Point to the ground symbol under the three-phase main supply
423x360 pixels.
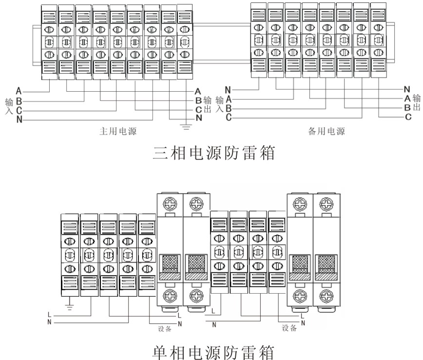(x=186, y=128)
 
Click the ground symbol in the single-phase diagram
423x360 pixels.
(x=70, y=306)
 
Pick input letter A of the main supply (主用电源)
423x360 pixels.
(x=19, y=91)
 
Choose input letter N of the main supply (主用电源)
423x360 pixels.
(x=19, y=120)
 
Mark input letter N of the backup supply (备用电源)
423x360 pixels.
(x=227, y=90)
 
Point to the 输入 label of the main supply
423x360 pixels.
(x=8, y=105)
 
